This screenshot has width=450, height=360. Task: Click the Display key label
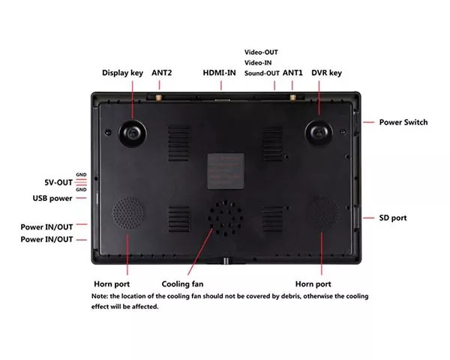[122, 73]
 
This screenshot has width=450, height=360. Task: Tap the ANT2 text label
[161, 73]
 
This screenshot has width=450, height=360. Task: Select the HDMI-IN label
[219, 73]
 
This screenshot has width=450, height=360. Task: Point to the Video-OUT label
[261, 52]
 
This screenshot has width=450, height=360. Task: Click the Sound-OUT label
[262, 73]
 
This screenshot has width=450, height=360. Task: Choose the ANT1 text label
[292, 73]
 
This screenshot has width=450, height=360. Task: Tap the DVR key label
[326, 73]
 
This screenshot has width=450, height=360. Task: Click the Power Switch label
[403, 122]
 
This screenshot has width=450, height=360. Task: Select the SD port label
[393, 218]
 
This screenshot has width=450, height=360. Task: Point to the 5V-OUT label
[58, 182]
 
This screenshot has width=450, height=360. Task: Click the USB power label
[52, 198]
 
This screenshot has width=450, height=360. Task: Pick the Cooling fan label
[182, 284]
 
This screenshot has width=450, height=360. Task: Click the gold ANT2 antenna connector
[157, 97]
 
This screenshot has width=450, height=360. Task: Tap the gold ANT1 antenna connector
[292, 97]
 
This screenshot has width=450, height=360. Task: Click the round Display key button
[133, 133]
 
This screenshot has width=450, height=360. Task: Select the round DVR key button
[319, 133]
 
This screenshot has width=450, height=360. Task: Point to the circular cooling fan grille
[225, 218]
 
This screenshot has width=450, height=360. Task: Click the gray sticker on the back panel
[226, 172]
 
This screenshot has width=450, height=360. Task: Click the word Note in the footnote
[99, 296]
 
